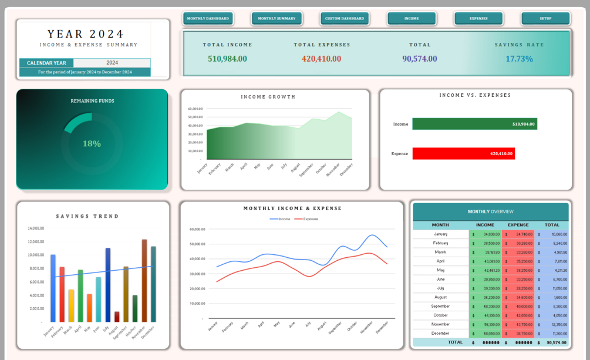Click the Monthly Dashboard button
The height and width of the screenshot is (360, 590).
(208, 19)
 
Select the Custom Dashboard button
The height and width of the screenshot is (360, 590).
(345, 19)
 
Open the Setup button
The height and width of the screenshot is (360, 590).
(545, 19)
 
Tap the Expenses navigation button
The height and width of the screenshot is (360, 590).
(478, 19)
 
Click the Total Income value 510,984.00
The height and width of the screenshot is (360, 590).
(227, 59)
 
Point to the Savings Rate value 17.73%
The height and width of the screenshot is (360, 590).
(519, 59)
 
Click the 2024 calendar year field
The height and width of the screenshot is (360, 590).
(112, 63)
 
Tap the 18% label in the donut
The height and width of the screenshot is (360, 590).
(92, 144)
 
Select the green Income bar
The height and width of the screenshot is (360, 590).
(474, 124)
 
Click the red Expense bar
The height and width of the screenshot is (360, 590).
(463, 154)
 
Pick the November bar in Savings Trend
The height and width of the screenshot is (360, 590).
(144, 281)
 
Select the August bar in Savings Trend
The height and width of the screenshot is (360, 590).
(117, 317)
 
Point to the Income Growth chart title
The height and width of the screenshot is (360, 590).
(275, 97)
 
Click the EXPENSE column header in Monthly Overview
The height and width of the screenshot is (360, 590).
(518, 225)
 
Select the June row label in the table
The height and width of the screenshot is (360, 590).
(440, 280)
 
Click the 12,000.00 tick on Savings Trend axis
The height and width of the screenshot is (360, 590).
(36, 242)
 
